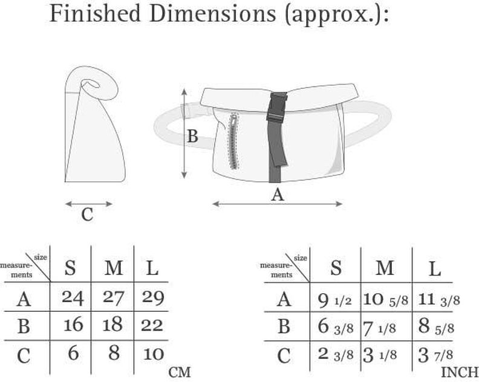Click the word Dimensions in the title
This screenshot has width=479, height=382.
[x=213, y=13]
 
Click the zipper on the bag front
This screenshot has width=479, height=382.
[x=234, y=141]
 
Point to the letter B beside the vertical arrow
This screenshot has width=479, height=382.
[x=192, y=136]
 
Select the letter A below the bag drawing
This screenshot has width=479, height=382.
[x=278, y=195]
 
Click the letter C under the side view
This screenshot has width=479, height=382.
[x=87, y=215]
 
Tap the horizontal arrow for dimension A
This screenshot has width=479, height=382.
[x=277, y=204]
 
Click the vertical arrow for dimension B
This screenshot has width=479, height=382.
[x=184, y=133]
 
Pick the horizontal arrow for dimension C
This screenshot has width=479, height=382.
[x=88, y=204]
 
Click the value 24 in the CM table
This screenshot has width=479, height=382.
[x=73, y=297]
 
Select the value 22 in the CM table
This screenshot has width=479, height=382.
[x=152, y=326]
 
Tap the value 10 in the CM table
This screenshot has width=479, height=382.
[x=154, y=354]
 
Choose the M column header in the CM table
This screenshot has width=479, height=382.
[x=114, y=268]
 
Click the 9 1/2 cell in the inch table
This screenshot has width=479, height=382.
[x=334, y=300]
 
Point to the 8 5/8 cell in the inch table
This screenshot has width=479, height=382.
[x=436, y=327]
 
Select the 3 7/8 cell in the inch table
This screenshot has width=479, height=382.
[x=435, y=355]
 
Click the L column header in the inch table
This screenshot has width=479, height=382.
[x=435, y=269]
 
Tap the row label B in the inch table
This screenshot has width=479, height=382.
[x=284, y=326]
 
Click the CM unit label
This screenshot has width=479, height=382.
[x=180, y=372]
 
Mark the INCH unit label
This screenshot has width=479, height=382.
[x=460, y=372]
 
